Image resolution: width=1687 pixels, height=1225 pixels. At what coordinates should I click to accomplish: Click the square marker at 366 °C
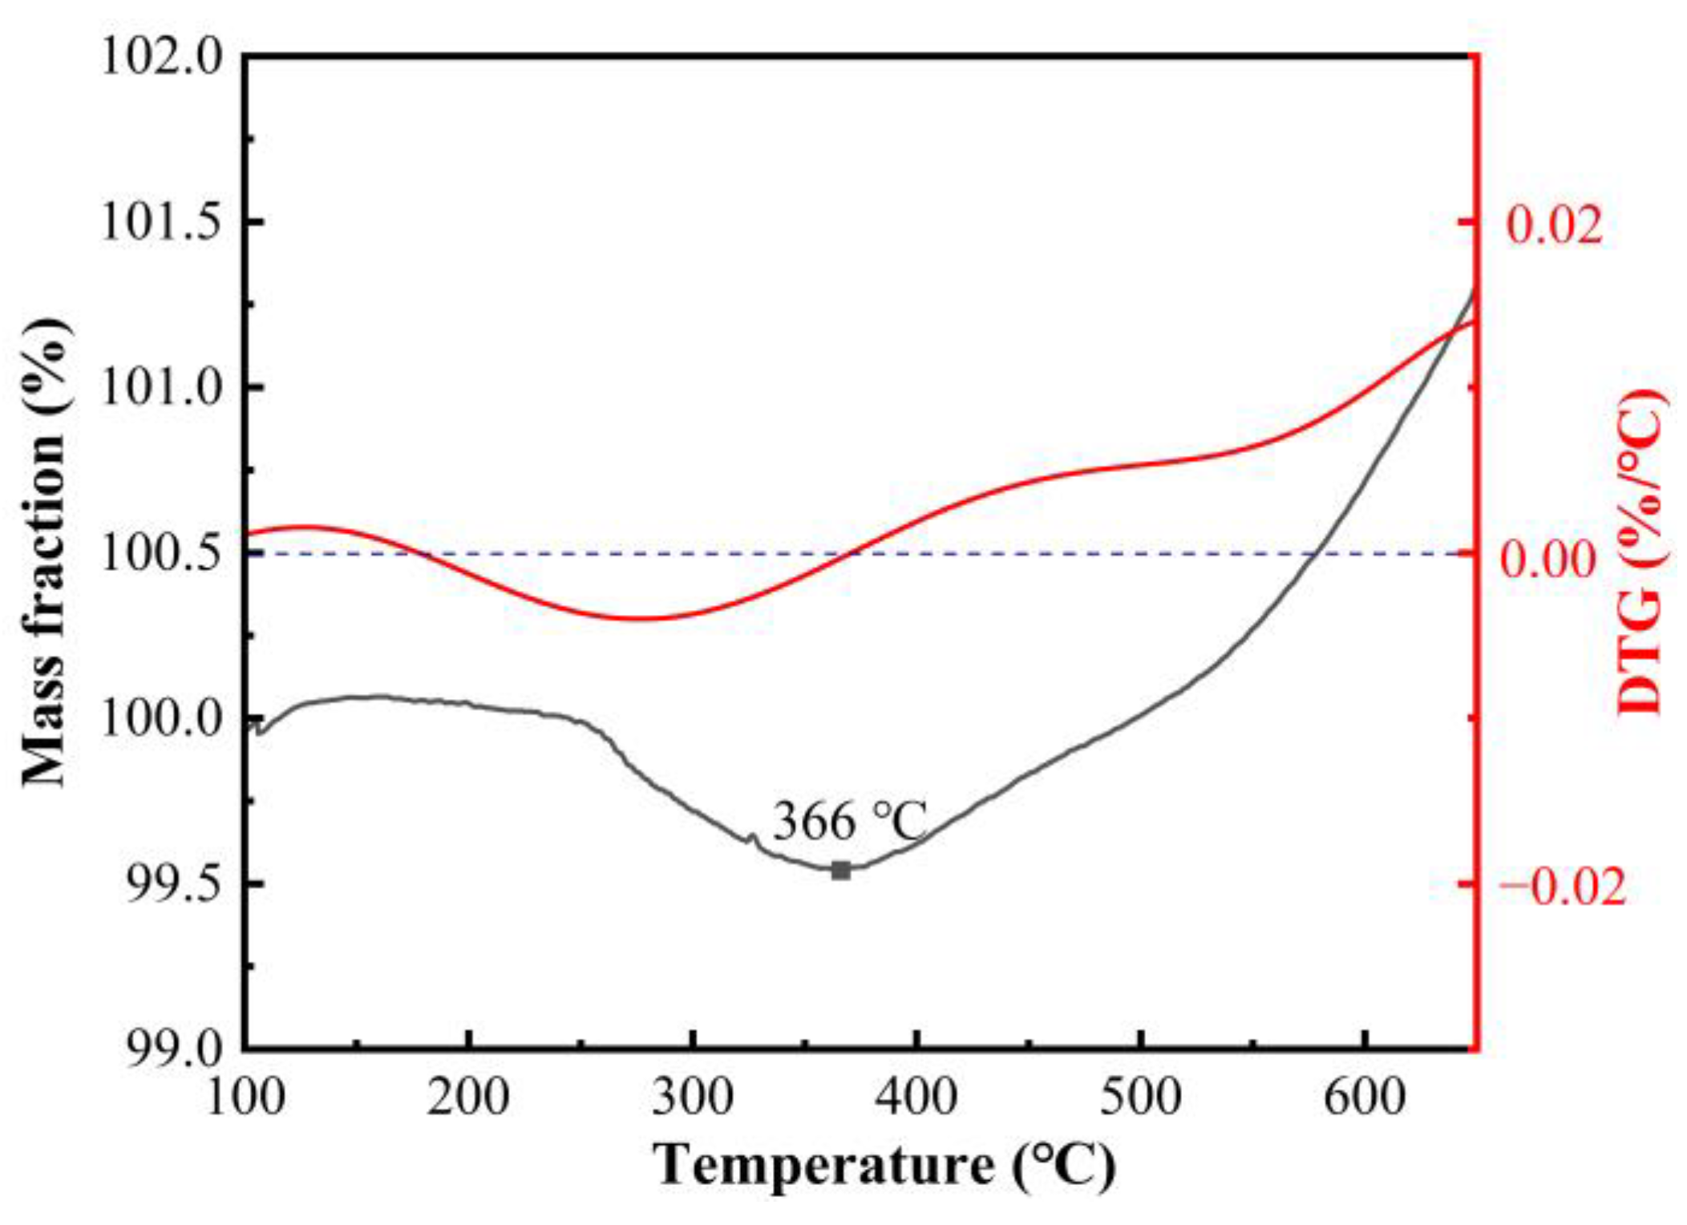click(840, 871)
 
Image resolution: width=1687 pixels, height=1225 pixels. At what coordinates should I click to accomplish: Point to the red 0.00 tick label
click(1549, 558)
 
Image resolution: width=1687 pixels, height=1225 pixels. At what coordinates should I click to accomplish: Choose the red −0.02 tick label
click(1562, 888)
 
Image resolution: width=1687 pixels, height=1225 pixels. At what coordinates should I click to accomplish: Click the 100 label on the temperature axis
click(245, 1097)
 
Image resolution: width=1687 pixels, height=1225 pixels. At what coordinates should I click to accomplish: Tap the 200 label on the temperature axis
click(468, 1097)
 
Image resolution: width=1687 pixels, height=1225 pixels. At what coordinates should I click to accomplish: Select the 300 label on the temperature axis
click(693, 1097)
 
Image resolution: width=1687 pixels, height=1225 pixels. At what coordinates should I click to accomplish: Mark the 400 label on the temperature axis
click(916, 1097)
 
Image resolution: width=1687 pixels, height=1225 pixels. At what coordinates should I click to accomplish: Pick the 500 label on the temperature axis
click(1140, 1097)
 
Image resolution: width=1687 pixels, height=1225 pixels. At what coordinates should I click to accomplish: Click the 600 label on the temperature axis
click(1364, 1097)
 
